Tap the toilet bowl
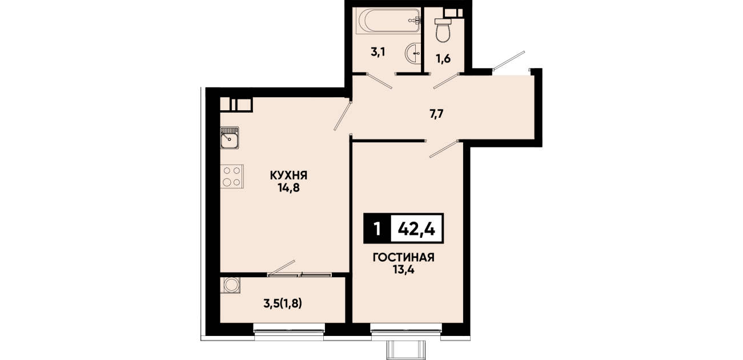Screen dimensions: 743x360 [443, 30]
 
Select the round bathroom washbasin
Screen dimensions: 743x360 [413, 53]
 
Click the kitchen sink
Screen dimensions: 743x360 [230, 138]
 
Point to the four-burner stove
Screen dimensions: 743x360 [232, 176]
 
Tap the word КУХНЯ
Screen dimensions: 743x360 [288, 175]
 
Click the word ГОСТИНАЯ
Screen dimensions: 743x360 [403, 258]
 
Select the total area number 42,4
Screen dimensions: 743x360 [416, 229]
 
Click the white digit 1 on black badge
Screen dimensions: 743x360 [377, 229]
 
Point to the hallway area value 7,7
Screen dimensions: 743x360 [436, 114]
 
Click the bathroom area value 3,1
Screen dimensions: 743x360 [378, 53]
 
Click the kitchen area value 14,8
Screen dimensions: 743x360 [289, 188]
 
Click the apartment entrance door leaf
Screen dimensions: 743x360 [509, 61]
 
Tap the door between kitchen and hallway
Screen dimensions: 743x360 [343, 116]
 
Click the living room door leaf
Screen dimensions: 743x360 [444, 149]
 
